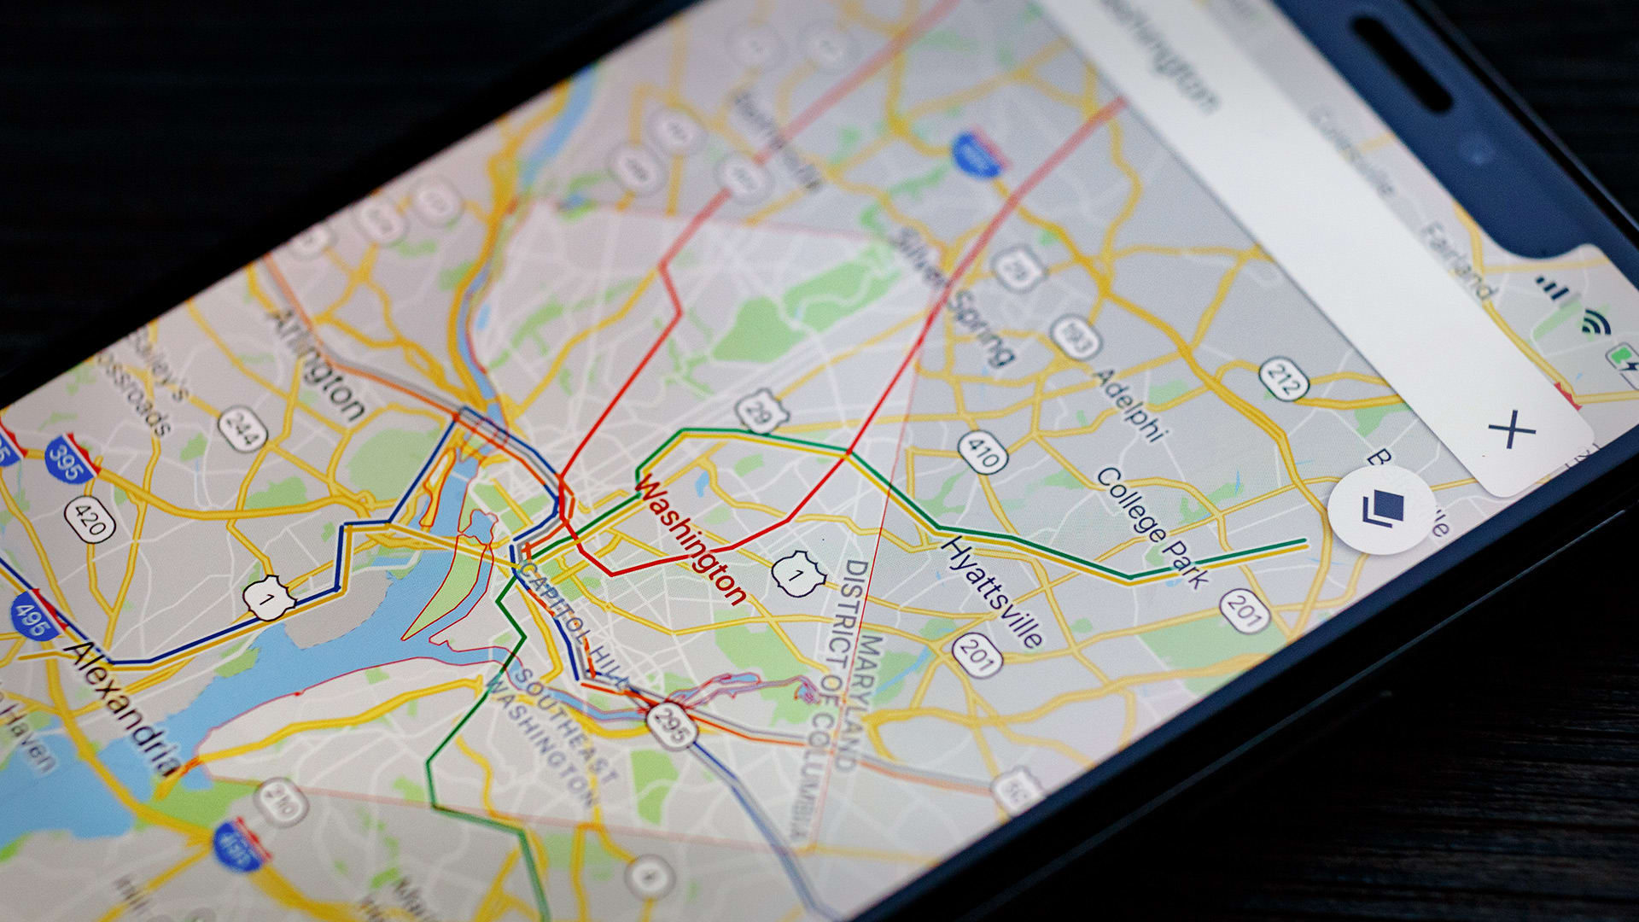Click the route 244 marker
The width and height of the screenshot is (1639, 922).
click(242, 429)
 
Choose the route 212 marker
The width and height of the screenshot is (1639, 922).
click(1282, 379)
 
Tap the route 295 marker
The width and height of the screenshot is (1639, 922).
click(671, 725)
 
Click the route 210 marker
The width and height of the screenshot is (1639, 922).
click(281, 800)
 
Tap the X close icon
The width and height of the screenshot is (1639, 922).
click(1511, 429)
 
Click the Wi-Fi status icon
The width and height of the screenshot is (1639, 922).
click(1593, 321)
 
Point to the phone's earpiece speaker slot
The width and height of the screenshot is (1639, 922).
click(1400, 64)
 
